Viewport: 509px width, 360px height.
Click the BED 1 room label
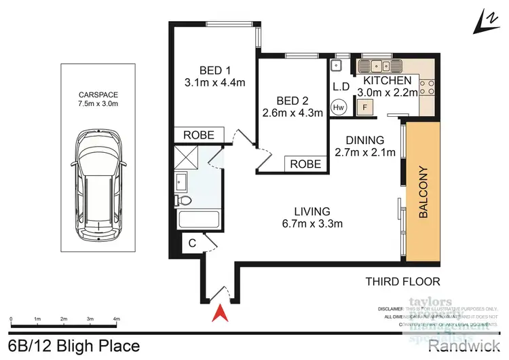click(x=216, y=70)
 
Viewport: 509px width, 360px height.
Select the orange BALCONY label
click(x=423, y=192)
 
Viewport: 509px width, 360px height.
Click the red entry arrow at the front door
click(x=219, y=314)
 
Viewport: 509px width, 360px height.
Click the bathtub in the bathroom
click(x=197, y=221)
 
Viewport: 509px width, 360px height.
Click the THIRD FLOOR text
click(x=402, y=281)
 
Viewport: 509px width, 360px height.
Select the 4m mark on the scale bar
click(x=116, y=318)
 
